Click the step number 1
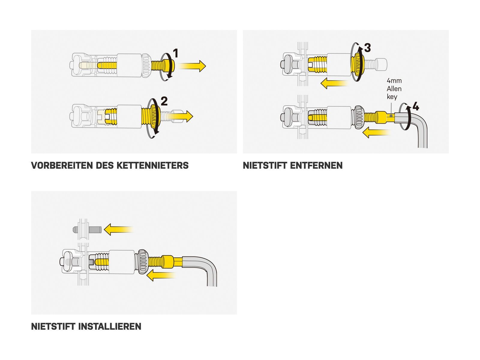click(x=176, y=53)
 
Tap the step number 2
click(x=164, y=101)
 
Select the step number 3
click(x=367, y=48)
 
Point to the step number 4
click(x=416, y=106)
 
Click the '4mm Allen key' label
click(x=394, y=88)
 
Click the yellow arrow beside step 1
click(x=192, y=66)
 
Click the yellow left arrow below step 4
click(x=376, y=132)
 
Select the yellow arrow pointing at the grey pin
click(x=119, y=229)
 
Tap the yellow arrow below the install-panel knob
click(x=161, y=275)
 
